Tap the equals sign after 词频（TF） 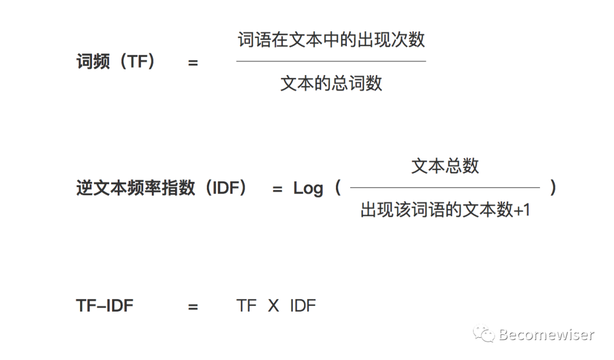tap(193, 63)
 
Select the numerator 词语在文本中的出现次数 tap(331, 40)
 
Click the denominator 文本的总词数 tap(331, 84)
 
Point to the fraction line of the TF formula tap(331, 61)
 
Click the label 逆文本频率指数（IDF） tap(162, 188)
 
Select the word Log tap(308, 188)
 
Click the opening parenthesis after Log tap(338, 188)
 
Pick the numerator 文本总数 tap(445, 166)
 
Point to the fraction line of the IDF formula tap(445, 187)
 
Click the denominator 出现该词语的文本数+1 tap(445, 210)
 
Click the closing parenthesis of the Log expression tap(553, 188)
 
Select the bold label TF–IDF tap(105, 306)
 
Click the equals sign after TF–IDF tap(193, 307)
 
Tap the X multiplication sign tap(273, 306)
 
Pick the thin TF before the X tap(247, 306)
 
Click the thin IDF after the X tap(302, 306)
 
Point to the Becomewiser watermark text tap(546, 335)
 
